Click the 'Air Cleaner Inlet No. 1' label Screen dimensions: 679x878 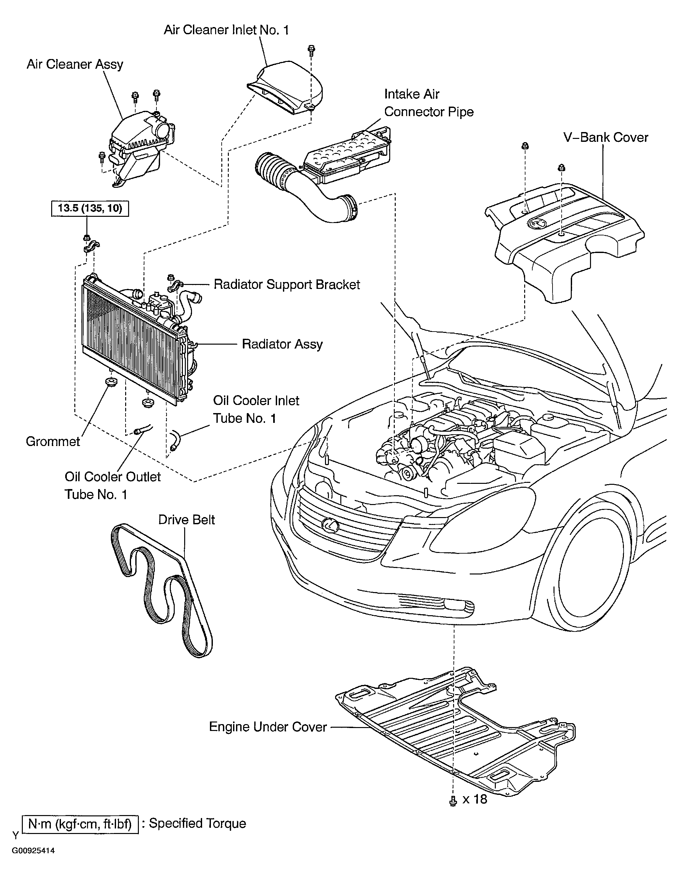pos(226,30)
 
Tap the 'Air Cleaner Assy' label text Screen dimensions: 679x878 pos(75,65)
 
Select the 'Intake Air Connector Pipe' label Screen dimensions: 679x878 pos(429,103)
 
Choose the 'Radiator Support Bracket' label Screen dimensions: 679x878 pos(287,285)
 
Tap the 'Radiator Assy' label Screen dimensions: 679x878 pos(282,345)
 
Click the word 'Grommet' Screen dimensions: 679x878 pos(53,441)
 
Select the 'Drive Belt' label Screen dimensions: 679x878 pos(186,520)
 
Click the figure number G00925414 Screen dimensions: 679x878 pos(33,862)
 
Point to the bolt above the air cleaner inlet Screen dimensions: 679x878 pos(311,50)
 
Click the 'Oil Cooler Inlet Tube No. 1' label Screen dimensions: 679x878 pos(256,409)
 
